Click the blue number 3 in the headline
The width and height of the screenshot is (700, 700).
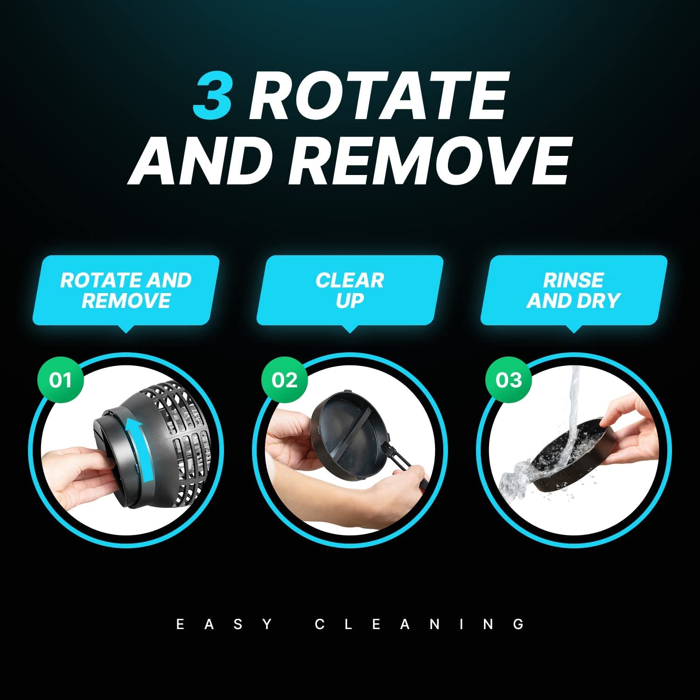click(213, 97)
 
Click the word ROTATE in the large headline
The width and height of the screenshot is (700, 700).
click(378, 97)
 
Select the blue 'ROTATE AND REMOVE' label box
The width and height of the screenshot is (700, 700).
click(126, 290)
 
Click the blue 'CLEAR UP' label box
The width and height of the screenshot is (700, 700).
click(350, 290)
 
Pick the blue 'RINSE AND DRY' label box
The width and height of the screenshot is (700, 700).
click(574, 290)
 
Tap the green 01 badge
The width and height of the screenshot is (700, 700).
click(60, 380)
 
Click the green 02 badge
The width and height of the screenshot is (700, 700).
click(284, 380)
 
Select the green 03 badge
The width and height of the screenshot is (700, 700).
click(508, 380)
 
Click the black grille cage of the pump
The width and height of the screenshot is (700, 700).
click(182, 443)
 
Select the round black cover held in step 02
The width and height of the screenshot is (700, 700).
click(350, 427)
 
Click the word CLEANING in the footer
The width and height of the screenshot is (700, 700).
click(420, 624)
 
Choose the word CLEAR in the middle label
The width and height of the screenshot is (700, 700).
click(350, 280)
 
